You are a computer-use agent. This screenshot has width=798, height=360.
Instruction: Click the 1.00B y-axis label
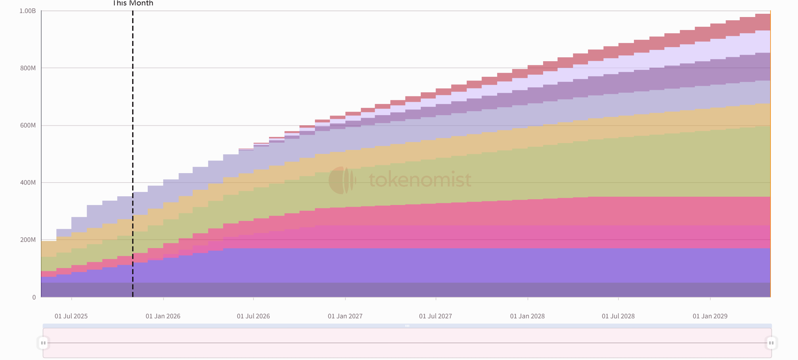(28, 11)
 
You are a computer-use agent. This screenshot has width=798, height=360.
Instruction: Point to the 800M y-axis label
(28, 68)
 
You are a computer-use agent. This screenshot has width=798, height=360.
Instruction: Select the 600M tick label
(28, 125)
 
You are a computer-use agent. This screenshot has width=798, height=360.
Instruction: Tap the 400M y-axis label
(28, 183)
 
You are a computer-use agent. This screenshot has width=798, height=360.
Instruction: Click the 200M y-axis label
(28, 240)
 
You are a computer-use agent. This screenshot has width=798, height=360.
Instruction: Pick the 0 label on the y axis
(34, 297)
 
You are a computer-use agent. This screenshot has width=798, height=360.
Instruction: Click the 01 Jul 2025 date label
(71, 316)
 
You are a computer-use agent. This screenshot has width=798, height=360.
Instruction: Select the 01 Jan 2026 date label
(163, 316)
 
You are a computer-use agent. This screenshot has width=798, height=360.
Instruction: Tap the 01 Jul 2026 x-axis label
(253, 316)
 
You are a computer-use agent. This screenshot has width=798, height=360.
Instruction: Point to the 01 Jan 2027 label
(345, 316)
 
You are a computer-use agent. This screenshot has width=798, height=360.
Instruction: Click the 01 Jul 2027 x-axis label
(436, 316)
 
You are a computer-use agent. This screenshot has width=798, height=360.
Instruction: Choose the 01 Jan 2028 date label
(527, 316)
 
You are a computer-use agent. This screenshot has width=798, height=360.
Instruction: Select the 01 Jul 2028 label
(618, 316)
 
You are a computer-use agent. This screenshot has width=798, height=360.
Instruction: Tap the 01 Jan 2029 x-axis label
(710, 316)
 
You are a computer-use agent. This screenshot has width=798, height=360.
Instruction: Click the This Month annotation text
(133, 3)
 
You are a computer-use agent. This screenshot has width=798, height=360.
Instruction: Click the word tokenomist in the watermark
(420, 180)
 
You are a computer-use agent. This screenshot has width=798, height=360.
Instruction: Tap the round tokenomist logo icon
(342, 180)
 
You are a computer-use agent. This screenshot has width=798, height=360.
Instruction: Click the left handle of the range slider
(43, 343)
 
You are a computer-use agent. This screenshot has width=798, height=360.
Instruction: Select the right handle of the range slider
(771, 343)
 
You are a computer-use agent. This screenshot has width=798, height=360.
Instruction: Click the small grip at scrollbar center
(407, 326)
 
